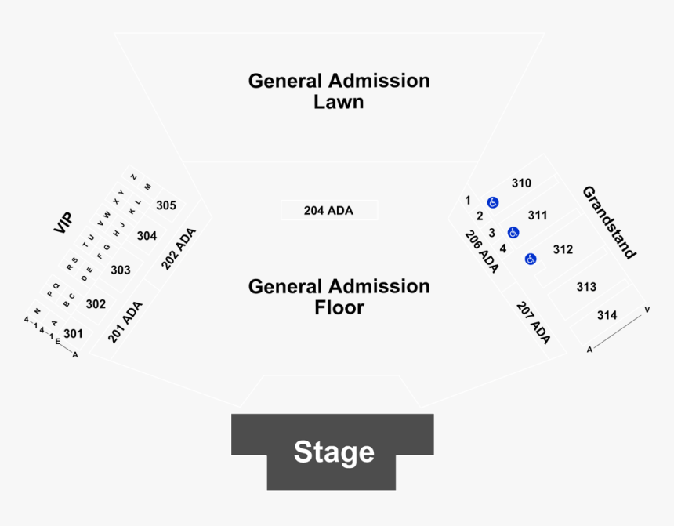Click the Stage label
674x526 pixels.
tap(334, 452)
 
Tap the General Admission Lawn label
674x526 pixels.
tap(339, 91)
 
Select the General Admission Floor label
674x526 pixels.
tap(339, 296)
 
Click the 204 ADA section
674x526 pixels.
tap(328, 210)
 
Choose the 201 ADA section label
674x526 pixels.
tap(125, 322)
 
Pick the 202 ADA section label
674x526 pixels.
tap(179, 248)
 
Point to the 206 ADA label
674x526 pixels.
tap(481, 251)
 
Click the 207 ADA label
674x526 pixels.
tap(533, 322)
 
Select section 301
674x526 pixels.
tap(73, 333)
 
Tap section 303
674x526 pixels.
tap(120, 270)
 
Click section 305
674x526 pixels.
tap(165, 205)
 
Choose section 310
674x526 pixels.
tap(521, 183)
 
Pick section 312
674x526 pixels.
tap(563, 249)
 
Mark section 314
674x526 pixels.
tap(607, 315)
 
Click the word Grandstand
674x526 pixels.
tap(609, 222)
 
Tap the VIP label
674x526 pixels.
tap(63, 223)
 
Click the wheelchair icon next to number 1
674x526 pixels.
tap(493, 202)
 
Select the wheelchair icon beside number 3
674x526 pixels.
tap(513, 232)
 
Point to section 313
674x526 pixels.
tap(586, 287)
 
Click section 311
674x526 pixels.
tap(537, 215)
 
